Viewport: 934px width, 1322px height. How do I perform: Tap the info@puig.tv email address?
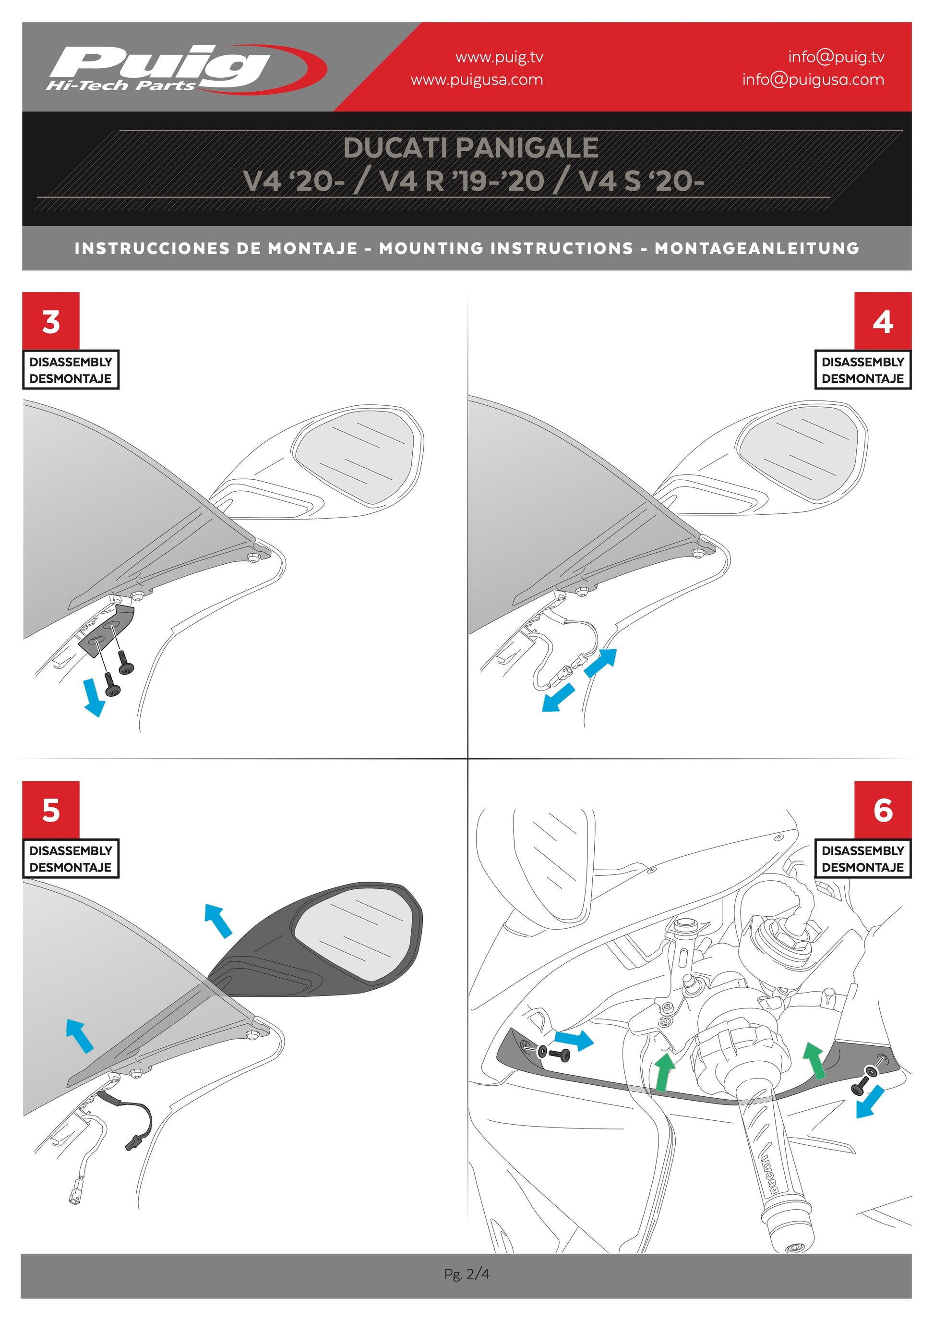point(836,57)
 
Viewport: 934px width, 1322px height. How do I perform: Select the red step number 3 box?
point(51,321)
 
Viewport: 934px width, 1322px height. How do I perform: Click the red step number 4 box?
point(883,321)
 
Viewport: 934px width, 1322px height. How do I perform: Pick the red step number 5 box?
point(51,810)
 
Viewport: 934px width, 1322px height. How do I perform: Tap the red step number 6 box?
point(883,810)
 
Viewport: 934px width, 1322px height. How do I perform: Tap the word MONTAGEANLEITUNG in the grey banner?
point(757,248)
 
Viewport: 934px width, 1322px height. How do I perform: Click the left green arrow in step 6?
point(665,1071)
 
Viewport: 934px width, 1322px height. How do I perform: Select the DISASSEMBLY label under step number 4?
point(862,362)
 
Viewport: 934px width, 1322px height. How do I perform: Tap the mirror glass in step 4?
point(802,449)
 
